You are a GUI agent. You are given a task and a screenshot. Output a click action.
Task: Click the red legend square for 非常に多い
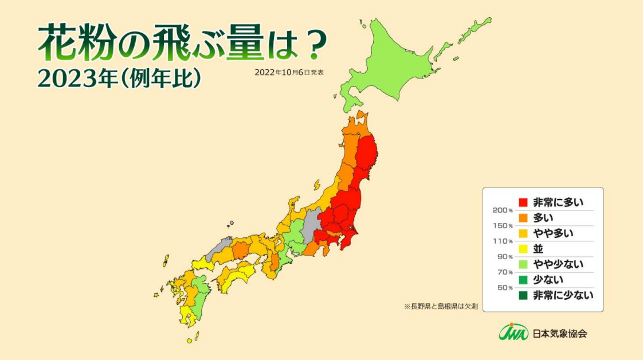523,202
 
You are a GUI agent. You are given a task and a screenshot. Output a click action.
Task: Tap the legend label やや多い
553,233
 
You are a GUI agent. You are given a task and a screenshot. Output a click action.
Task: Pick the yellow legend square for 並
523,249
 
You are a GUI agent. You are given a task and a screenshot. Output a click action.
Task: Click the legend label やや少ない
558,264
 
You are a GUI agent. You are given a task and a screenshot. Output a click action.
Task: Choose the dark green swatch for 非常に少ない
523,295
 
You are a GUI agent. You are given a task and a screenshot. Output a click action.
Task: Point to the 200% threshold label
503,210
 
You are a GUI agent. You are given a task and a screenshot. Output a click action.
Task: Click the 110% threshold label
503,241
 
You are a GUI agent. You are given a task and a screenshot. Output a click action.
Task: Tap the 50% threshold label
504,288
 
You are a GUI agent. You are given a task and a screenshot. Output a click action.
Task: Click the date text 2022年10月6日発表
289,73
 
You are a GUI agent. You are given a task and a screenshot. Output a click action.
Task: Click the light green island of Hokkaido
395,63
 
